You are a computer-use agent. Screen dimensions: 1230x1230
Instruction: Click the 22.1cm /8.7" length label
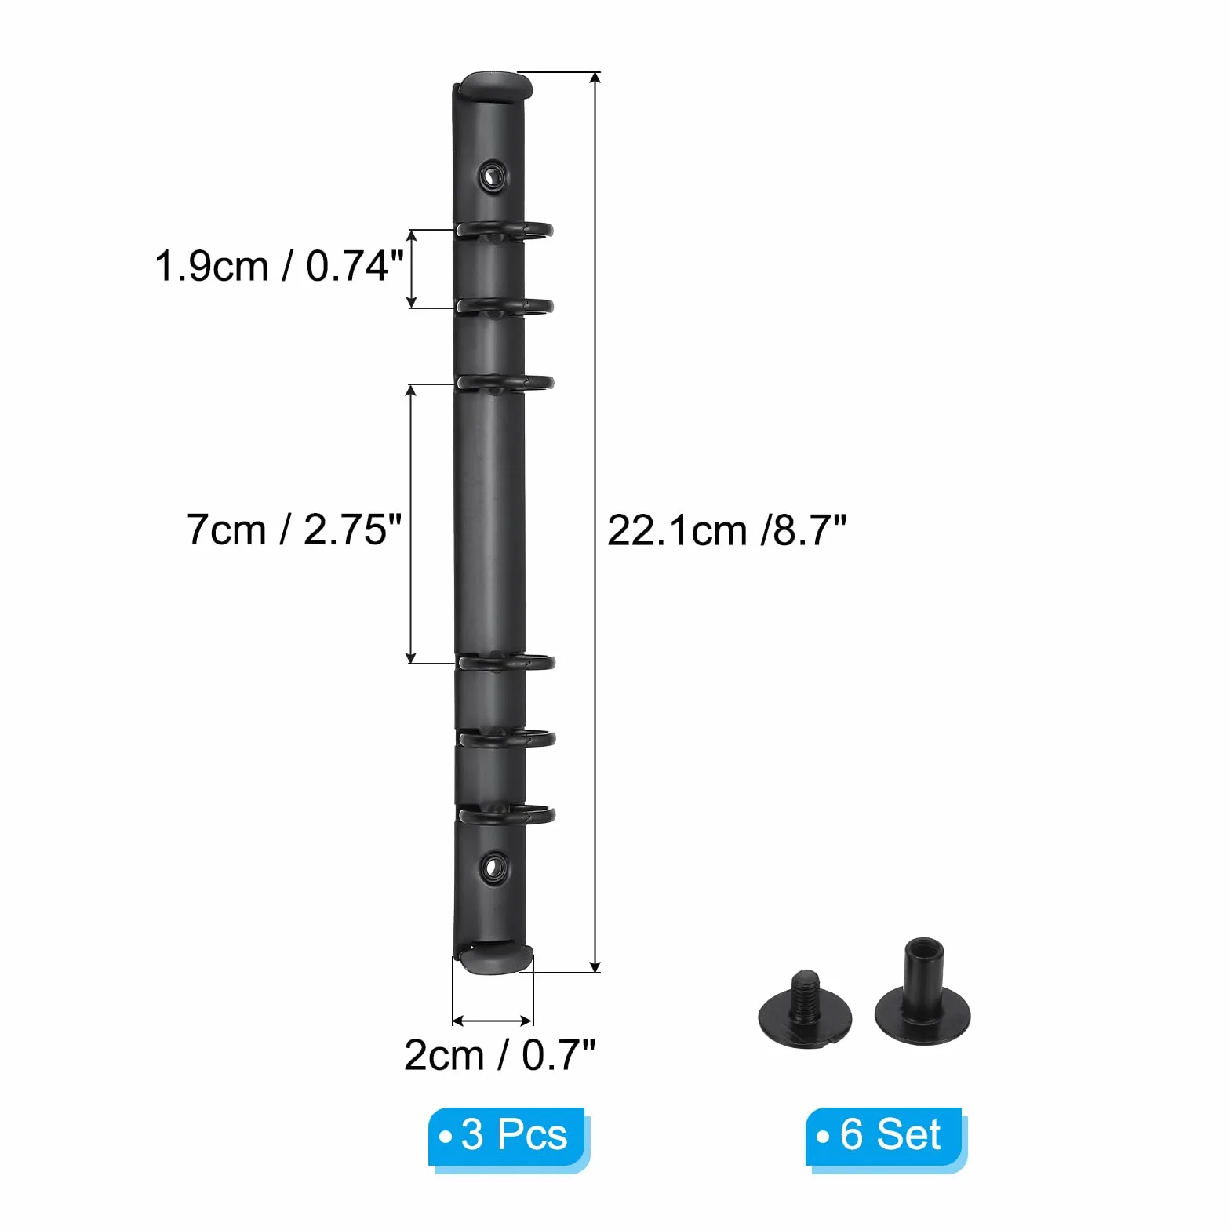click(727, 531)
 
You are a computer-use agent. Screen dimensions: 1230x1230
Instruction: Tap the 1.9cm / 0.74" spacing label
click(279, 266)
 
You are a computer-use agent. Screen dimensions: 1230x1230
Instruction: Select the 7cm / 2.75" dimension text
click(294, 529)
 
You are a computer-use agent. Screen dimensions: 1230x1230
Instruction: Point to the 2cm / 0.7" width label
click(500, 1055)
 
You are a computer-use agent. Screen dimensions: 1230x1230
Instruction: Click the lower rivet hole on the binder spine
click(493, 868)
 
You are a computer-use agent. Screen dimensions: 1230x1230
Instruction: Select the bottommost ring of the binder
click(507, 816)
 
